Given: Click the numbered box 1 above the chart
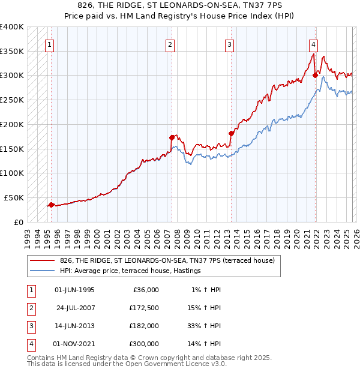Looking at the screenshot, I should [x=50, y=44].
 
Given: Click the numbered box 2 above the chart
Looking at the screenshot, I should [x=170, y=44].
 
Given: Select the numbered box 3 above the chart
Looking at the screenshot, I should [x=230, y=44].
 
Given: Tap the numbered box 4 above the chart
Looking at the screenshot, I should [x=313, y=44].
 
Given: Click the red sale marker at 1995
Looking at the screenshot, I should [x=51, y=205].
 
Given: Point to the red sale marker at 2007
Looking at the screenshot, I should [x=172, y=137].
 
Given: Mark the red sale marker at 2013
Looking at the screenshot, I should [x=231, y=133].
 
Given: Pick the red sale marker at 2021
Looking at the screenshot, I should [x=315, y=75].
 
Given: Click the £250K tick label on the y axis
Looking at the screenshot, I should [x=12, y=100].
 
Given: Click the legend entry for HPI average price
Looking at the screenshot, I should [x=130, y=271].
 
